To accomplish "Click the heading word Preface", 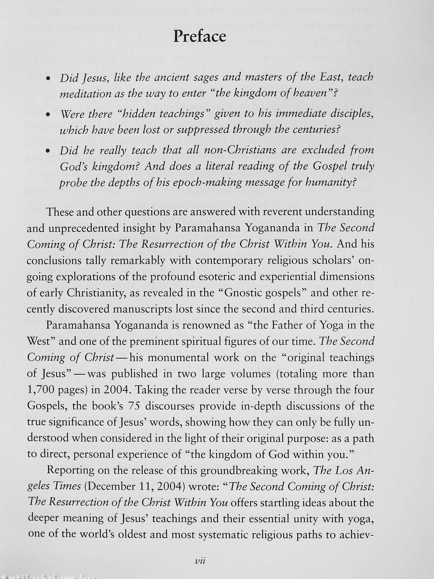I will tap(200, 36).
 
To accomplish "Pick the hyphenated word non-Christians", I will tap(250, 151).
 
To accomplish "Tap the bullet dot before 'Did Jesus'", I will tap(48, 78).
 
